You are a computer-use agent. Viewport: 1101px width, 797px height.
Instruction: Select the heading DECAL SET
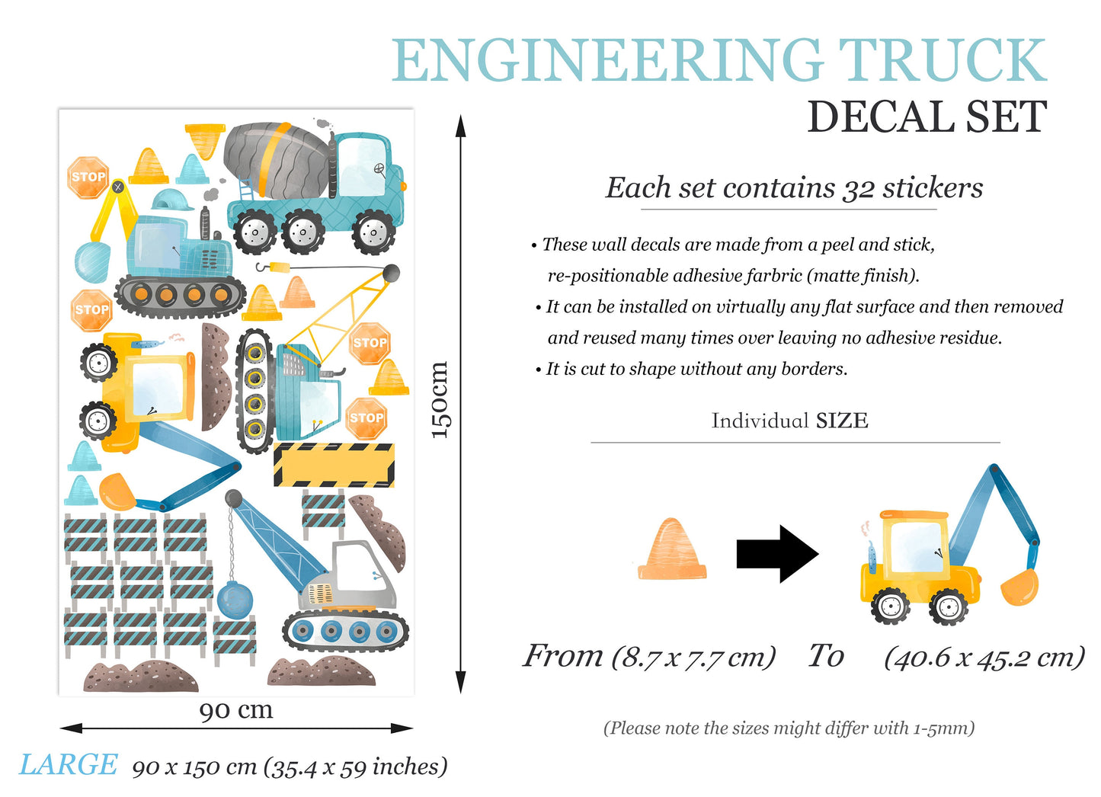(927, 117)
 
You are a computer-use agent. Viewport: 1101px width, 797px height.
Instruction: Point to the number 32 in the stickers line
(858, 188)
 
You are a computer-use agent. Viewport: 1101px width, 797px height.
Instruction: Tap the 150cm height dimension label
(440, 400)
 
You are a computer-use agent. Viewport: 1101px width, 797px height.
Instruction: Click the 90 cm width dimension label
(236, 710)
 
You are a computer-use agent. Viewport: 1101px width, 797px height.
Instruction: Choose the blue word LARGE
(69, 765)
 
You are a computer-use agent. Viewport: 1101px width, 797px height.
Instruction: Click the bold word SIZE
(842, 421)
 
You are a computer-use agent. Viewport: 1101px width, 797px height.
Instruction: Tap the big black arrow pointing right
(776, 554)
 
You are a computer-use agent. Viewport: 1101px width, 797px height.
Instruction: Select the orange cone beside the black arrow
(671, 549)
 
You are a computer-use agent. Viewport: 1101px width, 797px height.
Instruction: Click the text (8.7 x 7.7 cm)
(693, 656)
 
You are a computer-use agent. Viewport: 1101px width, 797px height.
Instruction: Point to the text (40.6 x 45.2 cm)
(984, 657)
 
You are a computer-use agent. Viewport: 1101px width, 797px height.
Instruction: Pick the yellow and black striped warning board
(334, 465)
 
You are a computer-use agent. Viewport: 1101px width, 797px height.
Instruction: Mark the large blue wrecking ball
(235, 599)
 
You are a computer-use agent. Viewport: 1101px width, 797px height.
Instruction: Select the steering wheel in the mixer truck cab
(379, 169)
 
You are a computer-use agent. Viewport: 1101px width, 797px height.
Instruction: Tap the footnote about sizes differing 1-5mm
(789, 728)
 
